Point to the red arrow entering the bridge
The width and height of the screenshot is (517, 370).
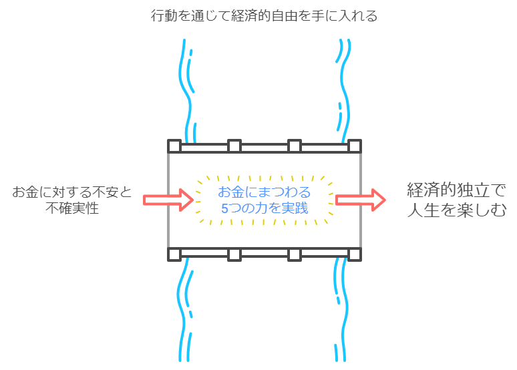coord(168,200)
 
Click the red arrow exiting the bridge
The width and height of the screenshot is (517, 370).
coord(361,200)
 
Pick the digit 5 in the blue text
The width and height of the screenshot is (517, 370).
coord(224,209)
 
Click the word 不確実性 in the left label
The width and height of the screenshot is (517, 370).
coord(72,208)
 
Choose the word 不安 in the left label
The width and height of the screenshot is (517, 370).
coord(105,192)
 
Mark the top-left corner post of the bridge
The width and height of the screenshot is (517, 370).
coord(174,146)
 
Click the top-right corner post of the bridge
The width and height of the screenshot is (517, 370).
coord(355,146)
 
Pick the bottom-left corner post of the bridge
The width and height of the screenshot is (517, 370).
coord(174,254)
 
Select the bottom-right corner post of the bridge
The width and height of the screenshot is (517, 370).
coord(355,254)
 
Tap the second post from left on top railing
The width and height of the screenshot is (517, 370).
coord(234,146)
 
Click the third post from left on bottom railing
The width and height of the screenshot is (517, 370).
coord(295,254)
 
